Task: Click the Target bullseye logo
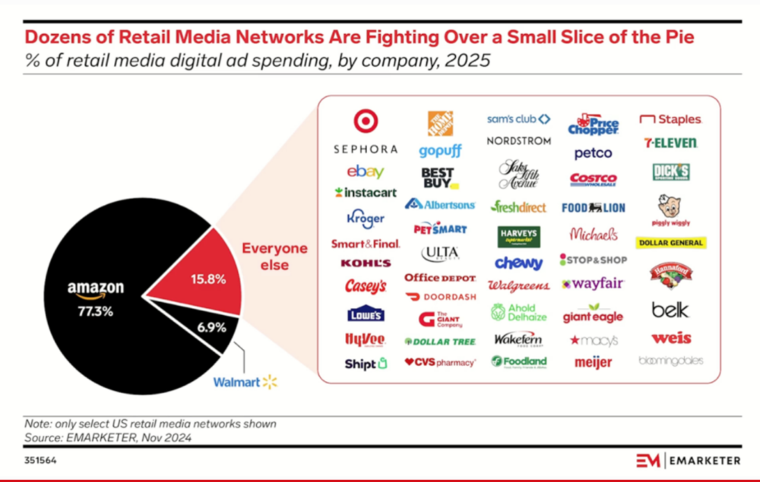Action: [x=366, y=121]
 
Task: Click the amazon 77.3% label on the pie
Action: [x=95, y=297]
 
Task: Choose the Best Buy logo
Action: [x=438, y=178]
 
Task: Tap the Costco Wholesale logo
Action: [x=593, y=180]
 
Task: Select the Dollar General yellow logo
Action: [x=672, y=243]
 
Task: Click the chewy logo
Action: [x=518, y=263]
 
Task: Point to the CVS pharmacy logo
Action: [x=440, y=362]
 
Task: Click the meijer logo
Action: [x=593, y=363]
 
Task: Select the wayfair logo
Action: [x=593, y=284]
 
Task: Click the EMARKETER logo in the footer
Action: [x=680, y=460]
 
